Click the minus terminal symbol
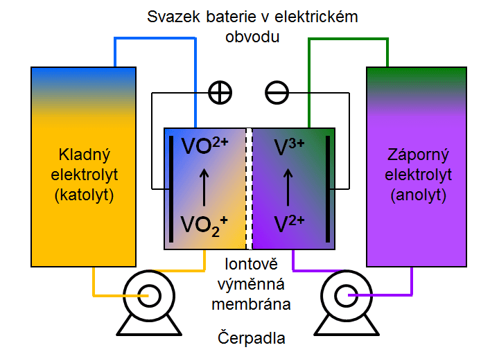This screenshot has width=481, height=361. [277, 92]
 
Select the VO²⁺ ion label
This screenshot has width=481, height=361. [204, 147]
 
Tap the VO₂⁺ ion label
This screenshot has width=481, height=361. [204, 224]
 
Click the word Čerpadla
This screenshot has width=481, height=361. [252, 340]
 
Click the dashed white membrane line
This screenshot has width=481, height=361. [250, 188]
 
